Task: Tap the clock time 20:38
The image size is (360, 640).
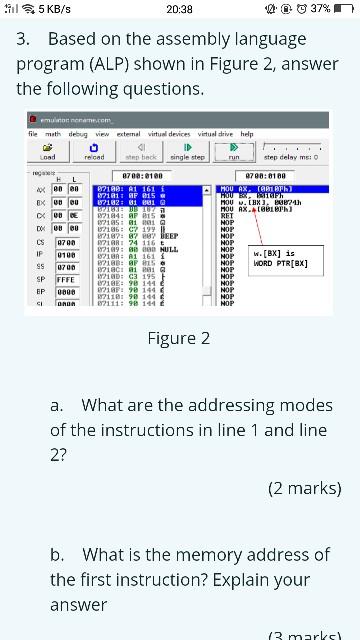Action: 180,9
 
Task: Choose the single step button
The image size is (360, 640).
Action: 187,151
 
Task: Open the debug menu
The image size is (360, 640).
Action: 77,134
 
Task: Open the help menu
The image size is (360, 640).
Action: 247,134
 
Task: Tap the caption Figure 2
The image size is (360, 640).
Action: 179,338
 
